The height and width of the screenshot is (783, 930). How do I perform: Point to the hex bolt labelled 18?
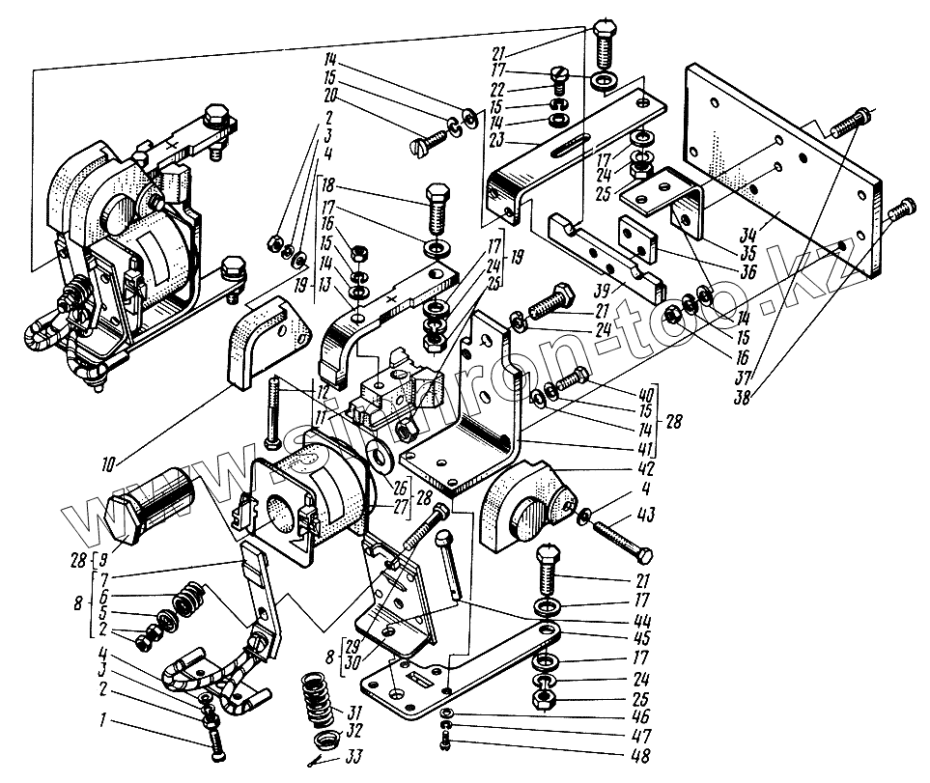coord(434,210)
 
